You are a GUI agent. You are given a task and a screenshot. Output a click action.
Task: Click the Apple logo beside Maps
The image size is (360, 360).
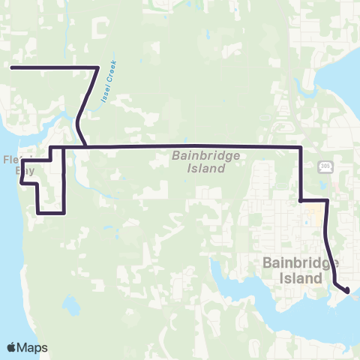point(13,347)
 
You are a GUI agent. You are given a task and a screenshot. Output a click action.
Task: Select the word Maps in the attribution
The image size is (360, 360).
point(33,347)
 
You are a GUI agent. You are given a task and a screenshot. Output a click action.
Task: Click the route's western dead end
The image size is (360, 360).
point(11,67)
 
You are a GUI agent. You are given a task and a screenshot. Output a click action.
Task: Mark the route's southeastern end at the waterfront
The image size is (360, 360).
point(347,289)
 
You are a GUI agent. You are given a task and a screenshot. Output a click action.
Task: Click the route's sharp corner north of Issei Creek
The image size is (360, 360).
point(98,67)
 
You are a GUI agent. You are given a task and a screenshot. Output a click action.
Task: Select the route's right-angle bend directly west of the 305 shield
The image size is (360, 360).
point(301,147)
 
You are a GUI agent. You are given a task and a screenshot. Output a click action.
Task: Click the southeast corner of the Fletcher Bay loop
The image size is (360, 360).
point(64,213)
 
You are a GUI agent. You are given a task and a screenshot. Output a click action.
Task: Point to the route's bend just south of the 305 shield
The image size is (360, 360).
point(328,200)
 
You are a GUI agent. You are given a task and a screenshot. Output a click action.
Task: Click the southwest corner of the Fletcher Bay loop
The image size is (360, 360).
point(37,213)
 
